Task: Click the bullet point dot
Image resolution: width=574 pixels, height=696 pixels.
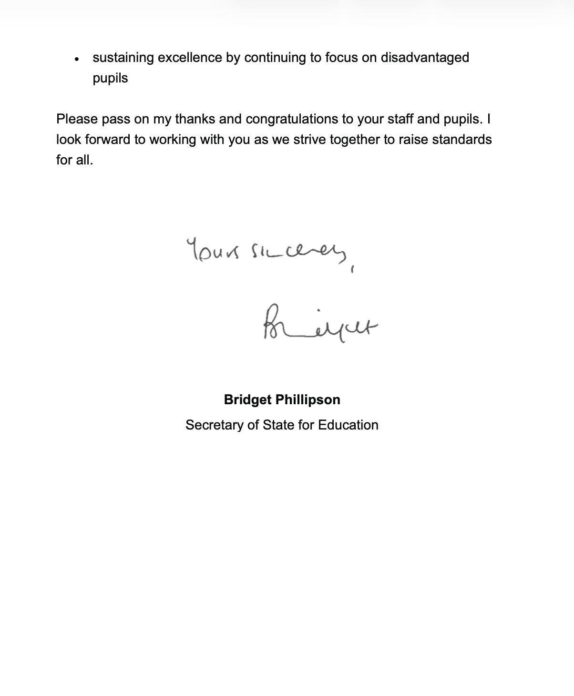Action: pyautogui.click(x=77, y=60)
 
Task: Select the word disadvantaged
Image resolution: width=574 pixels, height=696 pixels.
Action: pyautogui.click(x=424, y=58)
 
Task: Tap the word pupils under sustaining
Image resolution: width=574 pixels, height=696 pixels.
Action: pyautogui.click(x=110, y=78)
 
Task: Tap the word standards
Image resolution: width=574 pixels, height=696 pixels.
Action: pyautogui.click(x=461, y=139)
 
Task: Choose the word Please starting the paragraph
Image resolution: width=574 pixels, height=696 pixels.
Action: pyautogui.click(x=77, y=119)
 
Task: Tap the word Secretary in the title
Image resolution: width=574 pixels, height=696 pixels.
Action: pyautogui.click(x=215, y=425)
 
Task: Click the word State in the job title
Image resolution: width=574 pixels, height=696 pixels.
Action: pyautogui.click(x=278, y=425)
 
